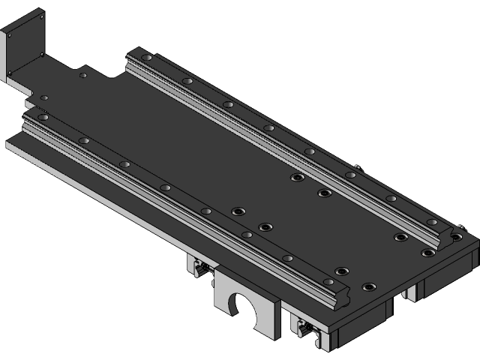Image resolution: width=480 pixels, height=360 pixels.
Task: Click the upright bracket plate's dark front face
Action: click(x=26, y=45)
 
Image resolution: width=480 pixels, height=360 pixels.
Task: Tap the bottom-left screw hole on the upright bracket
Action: click(x=10, y=72)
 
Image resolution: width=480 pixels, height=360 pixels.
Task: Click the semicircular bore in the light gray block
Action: click(x=242, y=307)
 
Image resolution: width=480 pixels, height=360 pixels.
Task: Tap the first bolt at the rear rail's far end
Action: click(x=147, y=58)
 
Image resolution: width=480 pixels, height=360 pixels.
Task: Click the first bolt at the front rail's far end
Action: click(x=43, y=117)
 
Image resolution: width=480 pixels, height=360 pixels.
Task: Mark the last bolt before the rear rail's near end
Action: click(x=431, y=222)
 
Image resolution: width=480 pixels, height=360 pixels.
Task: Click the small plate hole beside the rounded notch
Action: click(x=82, y=75)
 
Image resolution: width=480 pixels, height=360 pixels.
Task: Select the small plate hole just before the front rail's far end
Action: click(x=44, y=98)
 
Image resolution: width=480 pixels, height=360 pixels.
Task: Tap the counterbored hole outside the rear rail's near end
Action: click(x=427, y=253)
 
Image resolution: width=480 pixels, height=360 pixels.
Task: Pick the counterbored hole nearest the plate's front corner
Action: click(x=368, y=286)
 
